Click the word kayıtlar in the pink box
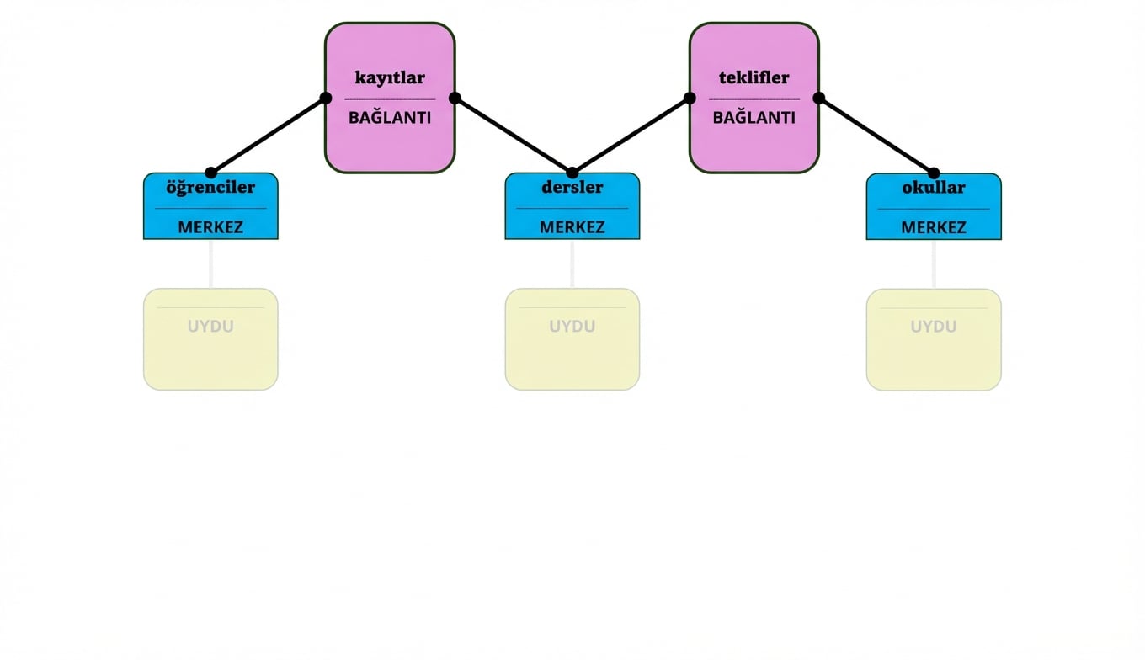click(x=390, y=77)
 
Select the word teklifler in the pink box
click(x=754, y=77)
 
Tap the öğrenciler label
click(x=210, y=187)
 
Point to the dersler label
click(x=572, y=187)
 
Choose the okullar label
click(x=933, y=187)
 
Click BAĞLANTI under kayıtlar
click(x=390, y=118)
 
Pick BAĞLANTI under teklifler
click(x=754, y=118)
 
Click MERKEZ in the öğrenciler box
click(x=210, y=226)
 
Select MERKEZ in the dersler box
click(x=572, y=226)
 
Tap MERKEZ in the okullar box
click(x=933, y=226)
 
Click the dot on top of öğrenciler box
click(x=210, y=173)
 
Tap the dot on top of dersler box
click(x=572, y=173)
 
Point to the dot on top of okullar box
click(x=933, y=173)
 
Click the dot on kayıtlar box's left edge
click(x=326, y=98)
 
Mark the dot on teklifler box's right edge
click(x=818, y=98)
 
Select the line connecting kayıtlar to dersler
click(x=514, y=136)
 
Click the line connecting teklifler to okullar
click(x=876, y=136)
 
